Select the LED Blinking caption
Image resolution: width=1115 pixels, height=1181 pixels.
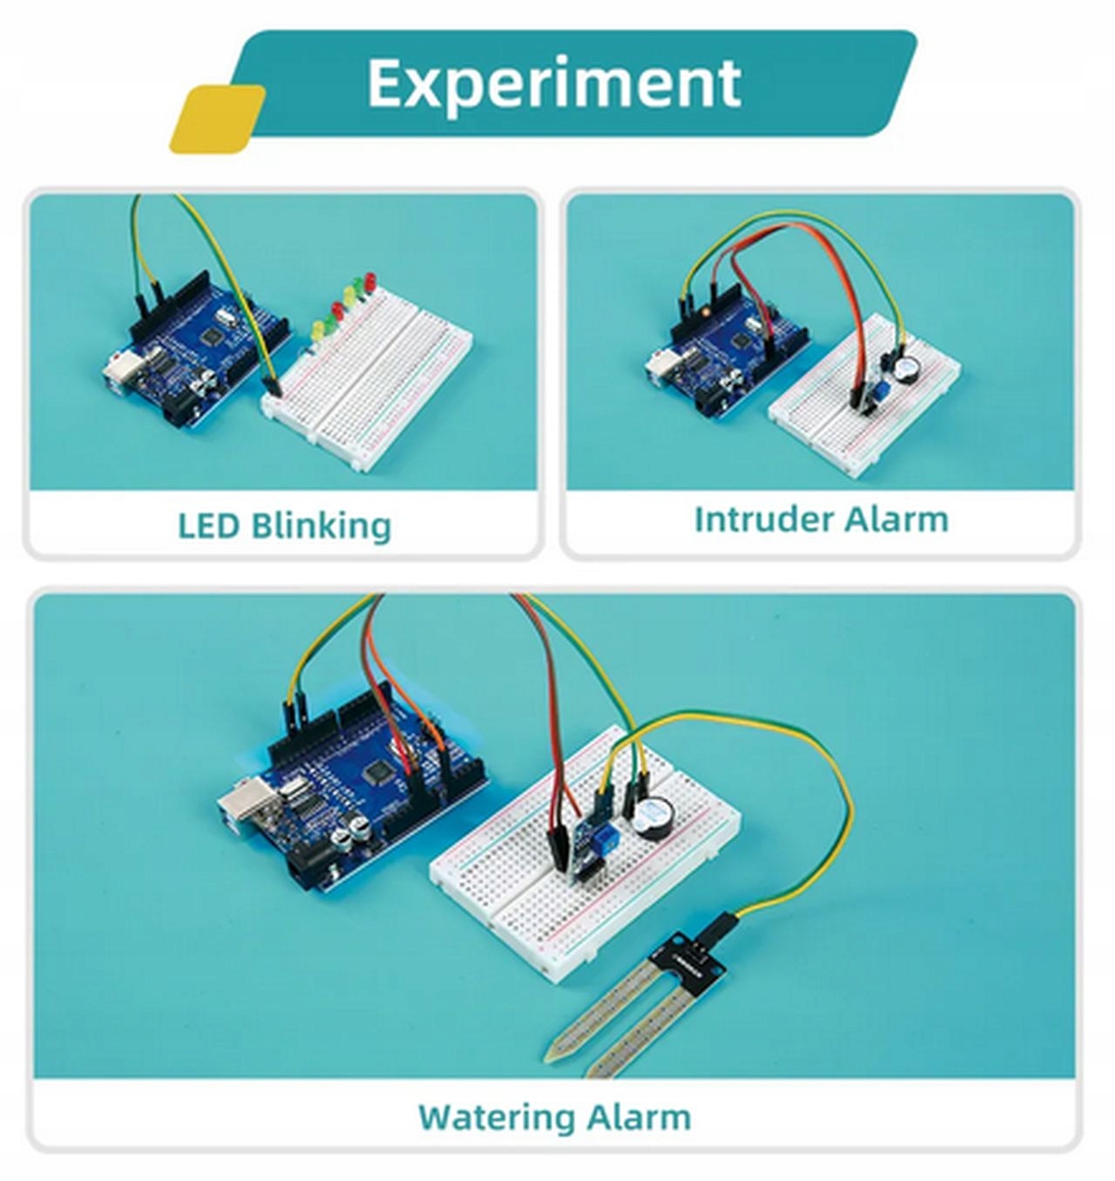pos(284,526)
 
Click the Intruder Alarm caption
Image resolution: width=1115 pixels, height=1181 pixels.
pos(821,519)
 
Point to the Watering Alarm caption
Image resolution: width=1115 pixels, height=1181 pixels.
pos(554,1117)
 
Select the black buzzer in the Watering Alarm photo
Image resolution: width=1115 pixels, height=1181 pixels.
pos(649,818)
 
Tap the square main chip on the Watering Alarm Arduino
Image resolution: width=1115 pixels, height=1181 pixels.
pos(381,770)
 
